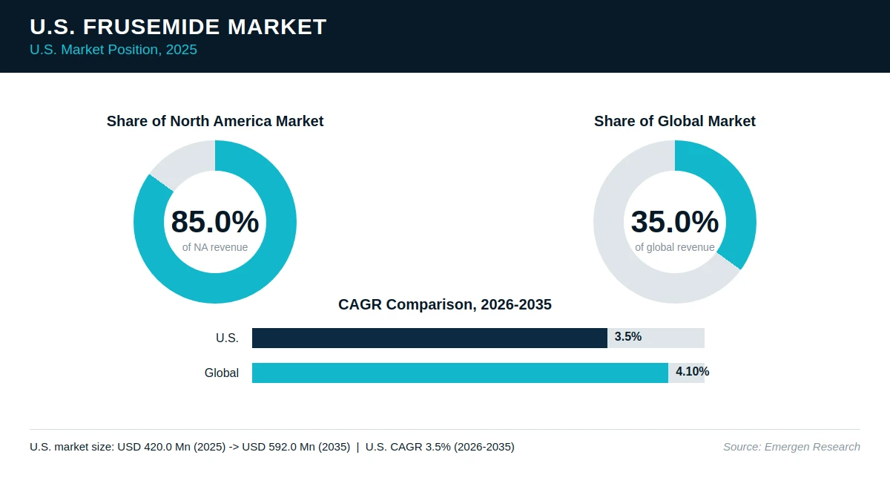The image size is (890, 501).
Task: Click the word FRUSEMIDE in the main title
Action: (x=151, y=27)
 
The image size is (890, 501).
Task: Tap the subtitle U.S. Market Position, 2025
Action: (x=113, y=50)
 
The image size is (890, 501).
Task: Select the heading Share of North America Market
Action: (x=215, y=121)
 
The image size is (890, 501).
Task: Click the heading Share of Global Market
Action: (x=675, y=121)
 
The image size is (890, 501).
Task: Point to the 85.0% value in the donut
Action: (x=215, y=221)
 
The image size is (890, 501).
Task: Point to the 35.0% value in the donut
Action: (x=675, y=221)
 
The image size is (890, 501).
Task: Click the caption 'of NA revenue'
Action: (x=215, y=247)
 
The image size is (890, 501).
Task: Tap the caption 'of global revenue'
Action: (x=675, y=247)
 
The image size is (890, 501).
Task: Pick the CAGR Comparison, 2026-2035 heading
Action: (x=444, y=304)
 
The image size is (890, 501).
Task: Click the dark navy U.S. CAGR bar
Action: (x=429, y=338)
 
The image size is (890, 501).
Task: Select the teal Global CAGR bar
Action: (x=460, y=373)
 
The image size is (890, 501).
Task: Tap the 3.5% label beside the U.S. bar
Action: (x=627, y=337)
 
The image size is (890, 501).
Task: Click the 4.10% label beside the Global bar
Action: (x=692, y=372)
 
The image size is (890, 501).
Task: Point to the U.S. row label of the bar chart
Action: (x=227, y=338)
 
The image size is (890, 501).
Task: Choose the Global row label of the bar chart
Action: (x=221, y=373)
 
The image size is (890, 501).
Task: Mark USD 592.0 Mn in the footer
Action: (x=277, y=447)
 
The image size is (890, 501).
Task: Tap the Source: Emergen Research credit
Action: (x=791, y=447)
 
